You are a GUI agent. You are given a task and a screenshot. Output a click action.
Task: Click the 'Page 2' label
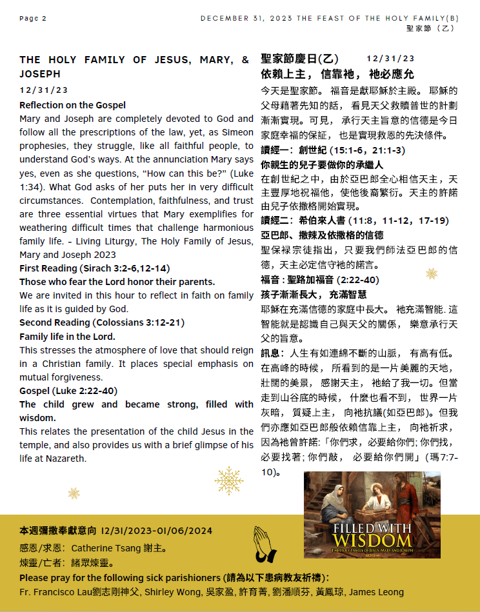[33, 18]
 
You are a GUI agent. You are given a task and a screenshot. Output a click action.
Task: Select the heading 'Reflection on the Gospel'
[72, 105]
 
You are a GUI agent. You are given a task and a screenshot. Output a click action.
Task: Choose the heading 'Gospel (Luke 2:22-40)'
[68, 391]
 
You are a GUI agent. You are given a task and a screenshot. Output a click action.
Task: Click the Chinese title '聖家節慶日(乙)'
[300, 59]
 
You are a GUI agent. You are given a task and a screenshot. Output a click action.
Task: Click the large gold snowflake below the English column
[228, 481]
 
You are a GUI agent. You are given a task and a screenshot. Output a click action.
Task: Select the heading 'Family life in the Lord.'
[67, 337]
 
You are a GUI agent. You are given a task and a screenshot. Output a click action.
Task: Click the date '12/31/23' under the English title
[43, 90]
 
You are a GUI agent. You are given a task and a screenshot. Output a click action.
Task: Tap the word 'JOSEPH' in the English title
[40, 74]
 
